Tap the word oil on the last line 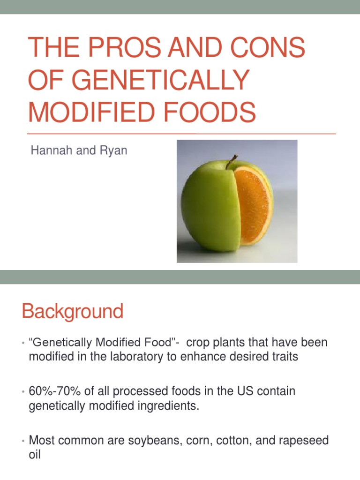(35, 455)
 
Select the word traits (281, 357)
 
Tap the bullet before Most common (22, 441)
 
